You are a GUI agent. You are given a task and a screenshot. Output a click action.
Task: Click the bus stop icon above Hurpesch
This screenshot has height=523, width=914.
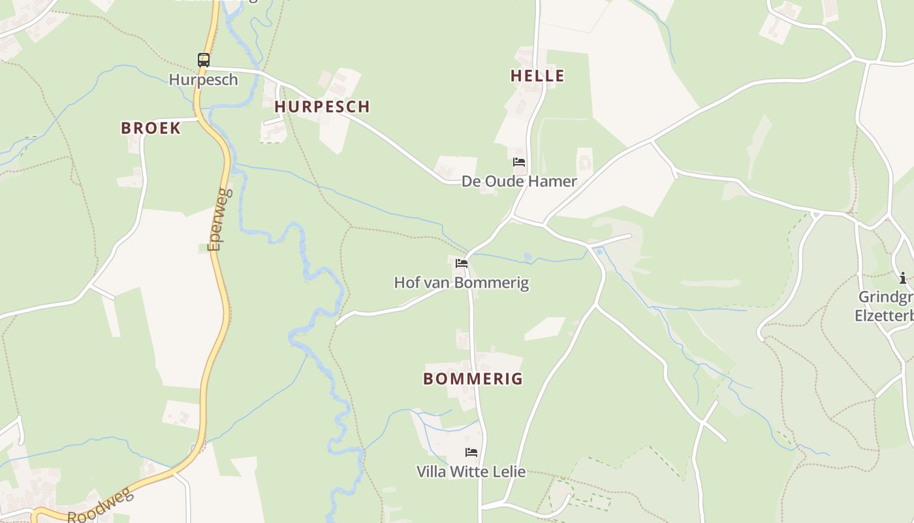[204, 60]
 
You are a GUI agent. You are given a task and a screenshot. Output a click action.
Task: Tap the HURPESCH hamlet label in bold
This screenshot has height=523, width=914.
[322, 107]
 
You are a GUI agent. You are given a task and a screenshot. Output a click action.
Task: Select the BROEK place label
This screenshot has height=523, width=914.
[151, 128]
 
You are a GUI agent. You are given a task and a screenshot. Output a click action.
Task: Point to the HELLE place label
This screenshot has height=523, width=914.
[537, 76]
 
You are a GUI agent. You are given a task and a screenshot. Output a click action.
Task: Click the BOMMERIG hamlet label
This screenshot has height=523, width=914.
[473, 379]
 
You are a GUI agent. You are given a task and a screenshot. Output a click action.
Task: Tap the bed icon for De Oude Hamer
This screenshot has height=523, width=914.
[519, 161]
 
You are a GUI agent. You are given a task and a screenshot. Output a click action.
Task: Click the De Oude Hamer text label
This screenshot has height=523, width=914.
[519, 181]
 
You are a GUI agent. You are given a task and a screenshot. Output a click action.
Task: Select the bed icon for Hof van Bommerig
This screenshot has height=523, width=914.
[462, 263]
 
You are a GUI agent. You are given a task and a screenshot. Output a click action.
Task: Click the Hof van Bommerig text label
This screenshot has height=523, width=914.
[461, 283]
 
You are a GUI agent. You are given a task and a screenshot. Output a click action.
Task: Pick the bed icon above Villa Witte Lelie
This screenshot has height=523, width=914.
[471, 452]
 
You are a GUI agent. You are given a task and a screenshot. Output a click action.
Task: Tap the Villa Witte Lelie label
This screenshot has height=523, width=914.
[471, 471]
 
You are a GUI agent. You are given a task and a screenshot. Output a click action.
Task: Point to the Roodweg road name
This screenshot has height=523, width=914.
[101, 507]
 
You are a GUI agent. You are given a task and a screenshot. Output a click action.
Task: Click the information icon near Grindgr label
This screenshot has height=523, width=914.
[903, 277]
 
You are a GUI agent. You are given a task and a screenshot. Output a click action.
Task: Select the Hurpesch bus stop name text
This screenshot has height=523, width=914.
[203, 80]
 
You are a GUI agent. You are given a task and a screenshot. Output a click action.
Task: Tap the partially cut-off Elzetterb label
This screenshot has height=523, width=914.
[884, 316]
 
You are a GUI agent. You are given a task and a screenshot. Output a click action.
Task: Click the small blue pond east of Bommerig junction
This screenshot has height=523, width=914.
[599, 251]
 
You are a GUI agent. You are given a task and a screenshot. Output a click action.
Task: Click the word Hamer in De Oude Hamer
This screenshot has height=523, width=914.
[554, 181]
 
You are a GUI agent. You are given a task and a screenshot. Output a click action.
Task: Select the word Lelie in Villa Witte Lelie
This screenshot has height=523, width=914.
[509, 471]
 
